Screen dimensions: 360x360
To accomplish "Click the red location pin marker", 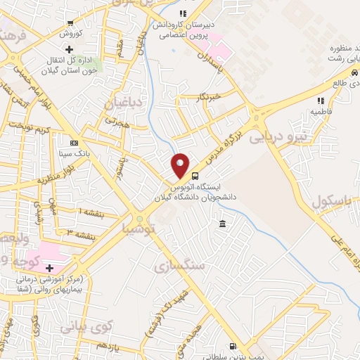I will pyautogui.click(x=181, y=165).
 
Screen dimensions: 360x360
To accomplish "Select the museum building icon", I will pyautogui.click(x=222, y=224).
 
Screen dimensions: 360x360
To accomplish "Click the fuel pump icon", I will pyautogui.click(x=233, y=345).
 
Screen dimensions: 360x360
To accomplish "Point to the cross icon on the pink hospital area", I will pyautogui.click(x=49, y=268).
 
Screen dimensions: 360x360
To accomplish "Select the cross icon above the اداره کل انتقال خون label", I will pyautogui.click(x=69, y=49).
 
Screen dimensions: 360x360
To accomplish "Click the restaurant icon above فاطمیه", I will pyautogui.click(x=320, y=100).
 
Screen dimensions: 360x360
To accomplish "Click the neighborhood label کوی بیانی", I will pyautogui.click(x=86, y=326).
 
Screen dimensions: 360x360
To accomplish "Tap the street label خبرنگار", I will pyautogui.click(x=207, y=96).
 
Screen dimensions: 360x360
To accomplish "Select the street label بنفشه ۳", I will pyautogui.click(x=79, y=233).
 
